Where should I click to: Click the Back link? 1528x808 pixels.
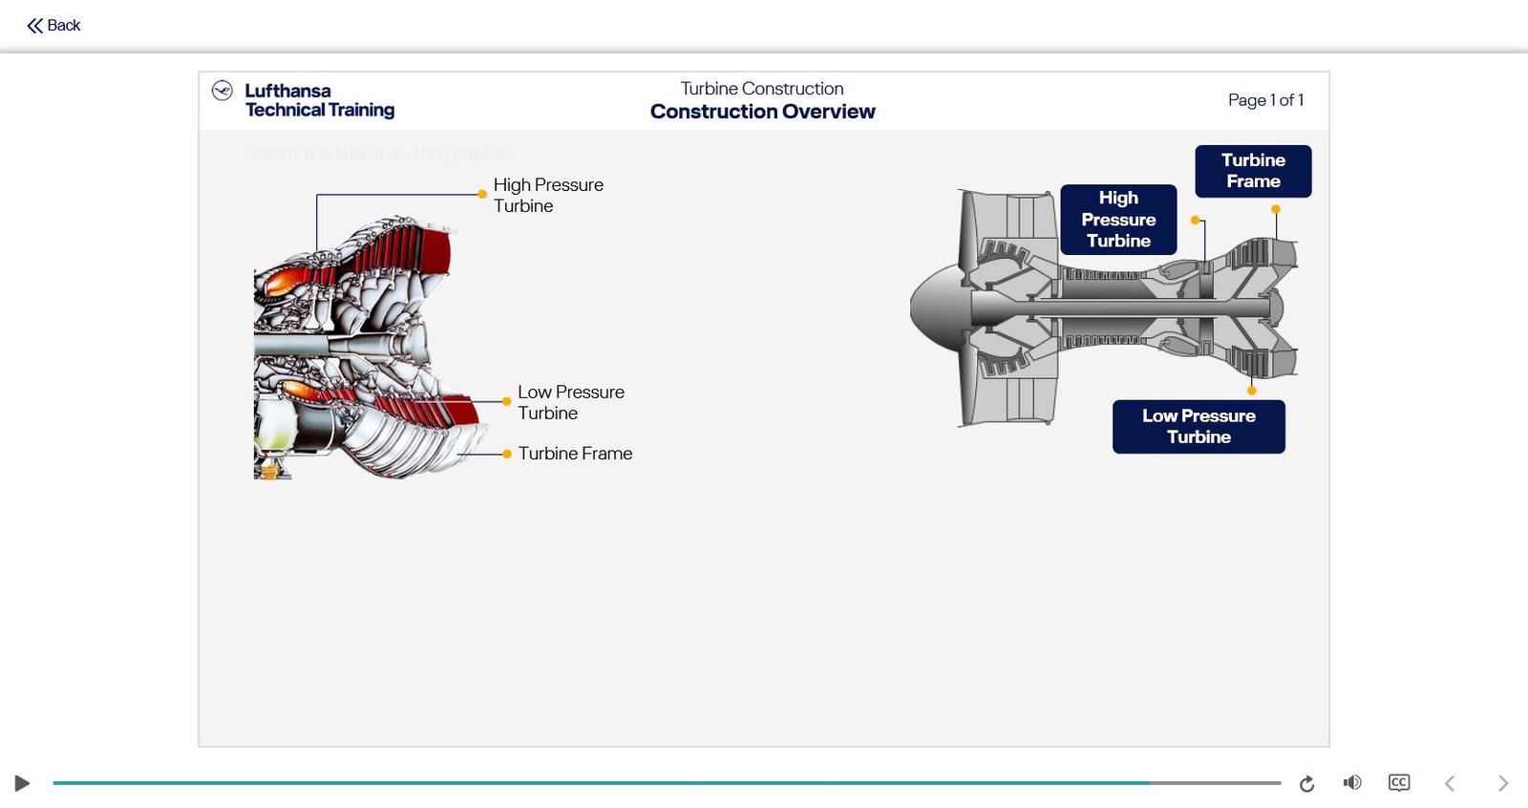tap(53, 26)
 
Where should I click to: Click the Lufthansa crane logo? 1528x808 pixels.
tap(223, 91)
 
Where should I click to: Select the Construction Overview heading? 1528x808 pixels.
tap(762, 112)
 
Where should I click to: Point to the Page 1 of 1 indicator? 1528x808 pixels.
tap(1265, 100)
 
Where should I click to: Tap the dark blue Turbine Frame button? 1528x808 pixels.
tap(1253, 171)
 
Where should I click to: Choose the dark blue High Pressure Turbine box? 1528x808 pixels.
tap(1118, 220)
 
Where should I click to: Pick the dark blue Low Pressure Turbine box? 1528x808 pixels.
tap(1199, 426)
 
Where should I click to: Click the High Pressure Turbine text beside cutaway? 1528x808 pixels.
tap(548, 195)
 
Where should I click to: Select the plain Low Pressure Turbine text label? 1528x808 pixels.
tap(570, 402)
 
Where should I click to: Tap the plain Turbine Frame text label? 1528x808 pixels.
tap(575, 454)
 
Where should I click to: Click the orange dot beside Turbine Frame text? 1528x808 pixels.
tap(507, 455)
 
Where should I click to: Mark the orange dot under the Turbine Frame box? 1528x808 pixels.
tap(1276, 209)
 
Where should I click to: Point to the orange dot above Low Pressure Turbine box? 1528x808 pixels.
tap(1252, 391)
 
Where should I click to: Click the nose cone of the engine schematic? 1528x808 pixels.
tap(931, 308)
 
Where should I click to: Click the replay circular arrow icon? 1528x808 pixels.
tap(1306, 784)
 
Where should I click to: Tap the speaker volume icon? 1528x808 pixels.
tap(1352, 783)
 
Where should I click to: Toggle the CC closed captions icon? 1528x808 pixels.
tap(1399, 783)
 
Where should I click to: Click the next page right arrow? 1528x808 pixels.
tap(1502, 783)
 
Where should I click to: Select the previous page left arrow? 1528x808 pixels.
tap(1450, 783)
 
